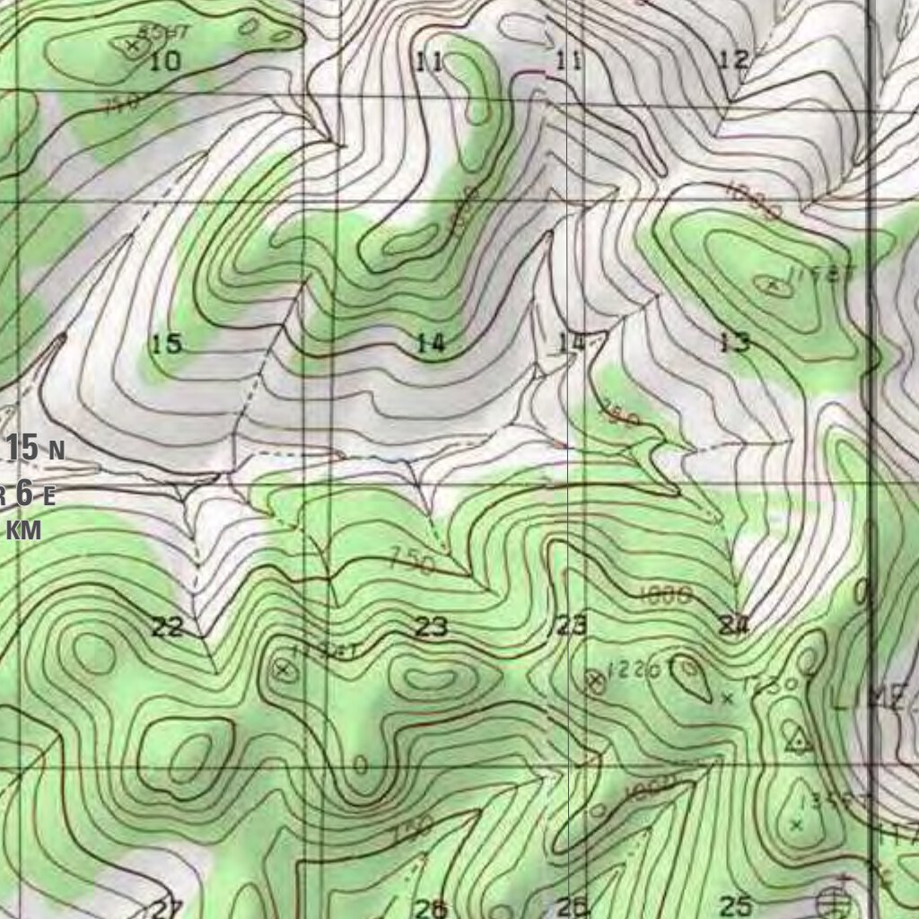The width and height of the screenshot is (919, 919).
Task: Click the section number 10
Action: coord(165,62)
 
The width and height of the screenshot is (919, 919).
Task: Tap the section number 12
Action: coord(733,61)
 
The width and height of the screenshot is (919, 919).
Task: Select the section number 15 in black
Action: coord(166,344)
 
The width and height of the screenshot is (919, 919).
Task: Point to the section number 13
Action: coord(734,342)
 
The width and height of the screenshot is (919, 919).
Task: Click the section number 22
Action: coord(167,627)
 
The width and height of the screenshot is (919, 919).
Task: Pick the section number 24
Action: coord(733,626)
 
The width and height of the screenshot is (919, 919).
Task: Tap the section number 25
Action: coord(736,906)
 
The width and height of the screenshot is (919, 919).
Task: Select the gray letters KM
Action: coord(24,530)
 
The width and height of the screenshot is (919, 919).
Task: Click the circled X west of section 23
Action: coord(283,669)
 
